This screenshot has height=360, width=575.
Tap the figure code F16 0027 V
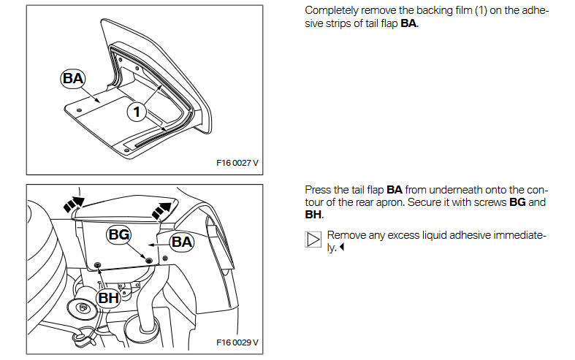[237, 163]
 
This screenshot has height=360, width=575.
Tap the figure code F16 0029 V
[237, 342]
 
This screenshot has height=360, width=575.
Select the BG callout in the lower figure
[119, 234]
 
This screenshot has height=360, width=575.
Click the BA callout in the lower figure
[182, 241]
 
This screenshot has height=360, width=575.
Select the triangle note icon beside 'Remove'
[313, 240]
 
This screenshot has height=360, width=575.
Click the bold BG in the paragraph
[517, 202]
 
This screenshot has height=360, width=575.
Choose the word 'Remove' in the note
[348, 235]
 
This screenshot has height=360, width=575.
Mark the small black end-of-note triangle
[342, 248]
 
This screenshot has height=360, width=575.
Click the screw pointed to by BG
[149, 260]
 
